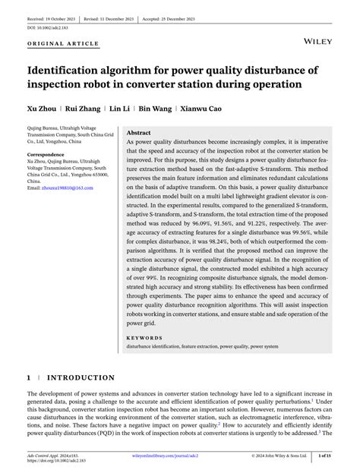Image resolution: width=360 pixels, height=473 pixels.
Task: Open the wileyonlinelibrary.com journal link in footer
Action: tap(180, 455)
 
